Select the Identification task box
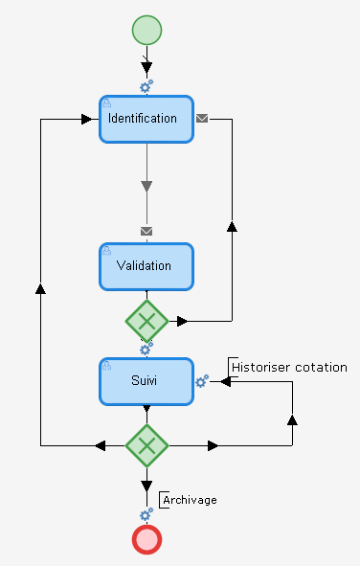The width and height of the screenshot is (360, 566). (146, 119)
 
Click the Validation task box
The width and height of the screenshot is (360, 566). (146, 265)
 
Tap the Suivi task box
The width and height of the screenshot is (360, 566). (146, 380)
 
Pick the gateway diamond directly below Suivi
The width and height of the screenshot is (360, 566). (146, 444)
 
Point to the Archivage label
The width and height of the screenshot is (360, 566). (190, 500)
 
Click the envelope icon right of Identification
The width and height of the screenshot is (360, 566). (202, 119)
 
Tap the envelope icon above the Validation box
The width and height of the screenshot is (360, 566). (146, 231)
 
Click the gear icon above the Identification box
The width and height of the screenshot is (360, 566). (146, 86)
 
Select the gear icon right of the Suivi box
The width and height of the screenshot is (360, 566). (202, 381)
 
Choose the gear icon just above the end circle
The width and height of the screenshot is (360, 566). (146, 515)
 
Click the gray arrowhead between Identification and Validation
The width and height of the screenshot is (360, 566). (146, 186)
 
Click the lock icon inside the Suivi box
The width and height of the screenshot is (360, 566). (107, 366)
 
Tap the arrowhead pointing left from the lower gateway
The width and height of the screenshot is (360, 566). (101, 445)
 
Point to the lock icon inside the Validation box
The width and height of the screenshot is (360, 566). (107, 251)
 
